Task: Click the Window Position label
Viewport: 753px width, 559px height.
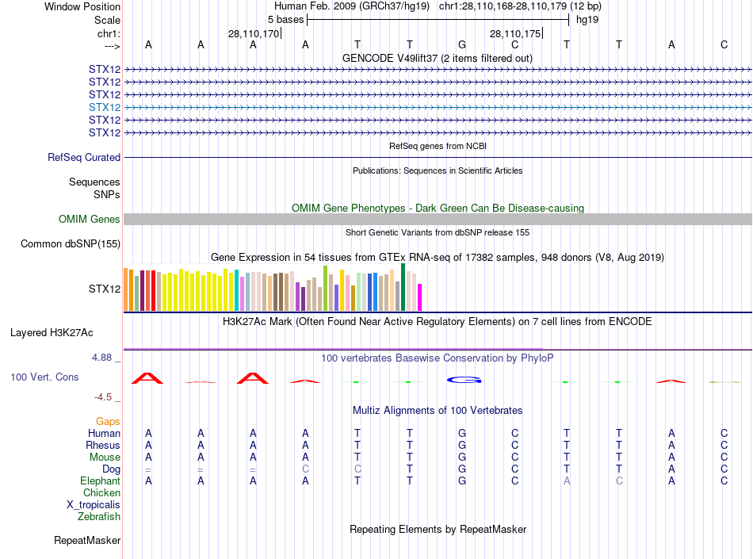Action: click(82, 6)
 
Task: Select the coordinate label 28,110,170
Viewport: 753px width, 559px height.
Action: click(254, 33)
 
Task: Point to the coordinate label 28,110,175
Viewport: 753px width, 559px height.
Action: click(515, 33)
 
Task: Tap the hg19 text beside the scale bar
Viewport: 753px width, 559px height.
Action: click(587, 19)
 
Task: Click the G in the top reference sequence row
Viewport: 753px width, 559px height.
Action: click(462, 44)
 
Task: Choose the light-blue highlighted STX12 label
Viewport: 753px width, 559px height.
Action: click(105, 107)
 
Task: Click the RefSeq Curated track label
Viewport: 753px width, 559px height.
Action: click(84, 157)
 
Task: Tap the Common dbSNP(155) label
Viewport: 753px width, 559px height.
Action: click(71, 243)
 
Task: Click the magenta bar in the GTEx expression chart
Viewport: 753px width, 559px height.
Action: click(420, 297)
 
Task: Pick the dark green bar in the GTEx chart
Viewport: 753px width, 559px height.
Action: click(403, 287)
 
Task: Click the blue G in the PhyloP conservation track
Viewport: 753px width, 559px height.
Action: click(464, 380)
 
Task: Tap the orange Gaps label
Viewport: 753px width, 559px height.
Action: click(108, 421)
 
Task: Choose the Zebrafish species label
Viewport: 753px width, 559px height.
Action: click(99, 516)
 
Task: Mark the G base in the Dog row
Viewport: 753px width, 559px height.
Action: click(462, 469)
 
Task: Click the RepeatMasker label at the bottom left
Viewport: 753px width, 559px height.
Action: click(87, 541)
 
